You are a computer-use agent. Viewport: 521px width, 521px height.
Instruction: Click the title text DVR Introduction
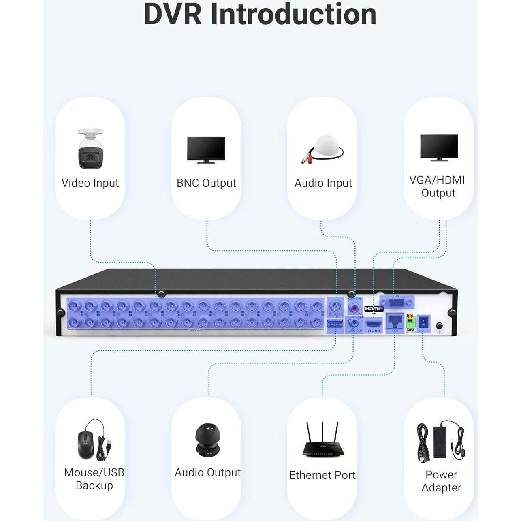point(260,15)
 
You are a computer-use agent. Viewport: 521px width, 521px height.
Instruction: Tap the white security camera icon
point(90,149)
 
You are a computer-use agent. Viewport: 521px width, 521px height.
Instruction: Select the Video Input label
point(90,183)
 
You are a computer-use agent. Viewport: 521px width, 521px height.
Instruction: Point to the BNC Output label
point(206,183)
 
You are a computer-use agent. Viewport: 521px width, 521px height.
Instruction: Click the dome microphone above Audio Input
point(323,149)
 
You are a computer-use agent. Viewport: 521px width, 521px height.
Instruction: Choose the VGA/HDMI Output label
point(438,186)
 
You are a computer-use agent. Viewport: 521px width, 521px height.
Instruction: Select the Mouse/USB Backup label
point(94,479)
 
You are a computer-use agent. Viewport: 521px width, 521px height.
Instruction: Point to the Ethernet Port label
point(322,475)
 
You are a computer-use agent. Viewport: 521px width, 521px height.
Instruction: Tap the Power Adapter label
point(441,481)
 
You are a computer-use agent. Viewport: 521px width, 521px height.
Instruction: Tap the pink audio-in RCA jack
point(355,307)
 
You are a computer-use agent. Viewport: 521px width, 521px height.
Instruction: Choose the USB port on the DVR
point(335,324)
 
